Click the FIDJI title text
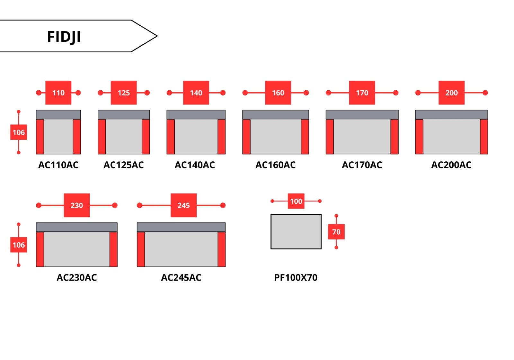(x=64, y=37)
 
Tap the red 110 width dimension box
(x=58, y=93)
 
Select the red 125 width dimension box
(x=124, y=93)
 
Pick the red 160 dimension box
(x=278, y=93)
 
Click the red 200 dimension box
(x=451, y=93)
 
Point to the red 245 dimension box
(x=183, y=205)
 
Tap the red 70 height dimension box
(x=336, y=232)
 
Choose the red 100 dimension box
(x=296, y=201)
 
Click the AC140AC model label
(x=195, y=165)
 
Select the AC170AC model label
(x=362, y=165)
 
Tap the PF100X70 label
(x=296, y=277)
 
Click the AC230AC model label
(x=77, y=277)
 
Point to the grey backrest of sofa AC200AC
(x=451, y=115)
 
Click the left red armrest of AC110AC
(x=40, y=137)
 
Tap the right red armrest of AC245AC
(x=221, y=249)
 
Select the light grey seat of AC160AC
(x=276, y=137)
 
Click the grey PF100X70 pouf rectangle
(x=296, y=231)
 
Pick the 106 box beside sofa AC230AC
(x=19, y=245)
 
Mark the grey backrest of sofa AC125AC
(x=124, y=115)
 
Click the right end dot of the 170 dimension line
(x=396, y=93)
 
